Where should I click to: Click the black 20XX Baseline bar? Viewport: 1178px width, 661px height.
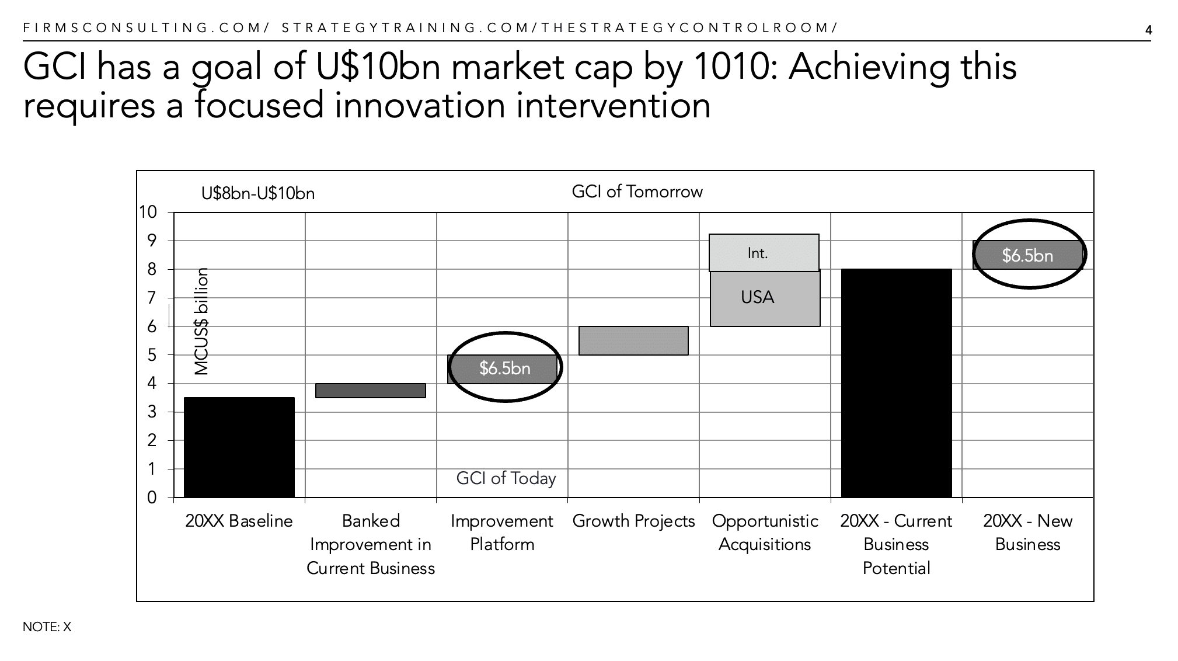click(239, 447)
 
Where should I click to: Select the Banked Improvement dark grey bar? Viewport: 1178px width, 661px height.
click(370, 390)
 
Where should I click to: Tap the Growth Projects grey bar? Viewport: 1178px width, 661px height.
click(633, 340)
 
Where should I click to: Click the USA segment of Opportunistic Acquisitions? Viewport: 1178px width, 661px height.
click(765, 298)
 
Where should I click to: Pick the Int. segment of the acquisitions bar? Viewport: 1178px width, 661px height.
click(764, 253)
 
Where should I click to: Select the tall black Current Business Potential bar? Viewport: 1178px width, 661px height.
click(896, 383)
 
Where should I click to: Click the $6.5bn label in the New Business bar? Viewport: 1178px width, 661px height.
click(1027, 255)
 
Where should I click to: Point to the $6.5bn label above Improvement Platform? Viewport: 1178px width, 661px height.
click(505, 368)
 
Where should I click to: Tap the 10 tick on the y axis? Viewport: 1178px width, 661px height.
click(148, 212)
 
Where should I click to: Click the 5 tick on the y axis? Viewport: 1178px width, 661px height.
click(152, 355)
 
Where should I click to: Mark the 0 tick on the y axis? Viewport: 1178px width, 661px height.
click(152, 498)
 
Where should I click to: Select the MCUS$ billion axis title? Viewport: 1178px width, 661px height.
click(201, 321)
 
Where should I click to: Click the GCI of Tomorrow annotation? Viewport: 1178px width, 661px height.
click(637, 192)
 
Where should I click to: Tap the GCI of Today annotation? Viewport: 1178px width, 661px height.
click(506, 478)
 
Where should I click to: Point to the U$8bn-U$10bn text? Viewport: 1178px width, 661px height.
click(257, 193)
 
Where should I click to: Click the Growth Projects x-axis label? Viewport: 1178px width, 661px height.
click(633, 521)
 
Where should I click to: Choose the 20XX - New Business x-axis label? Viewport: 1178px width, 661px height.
click(1027, 533)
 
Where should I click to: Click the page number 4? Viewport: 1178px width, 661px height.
click(1148, 30)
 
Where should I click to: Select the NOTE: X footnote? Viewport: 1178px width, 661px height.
click(47, 627)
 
